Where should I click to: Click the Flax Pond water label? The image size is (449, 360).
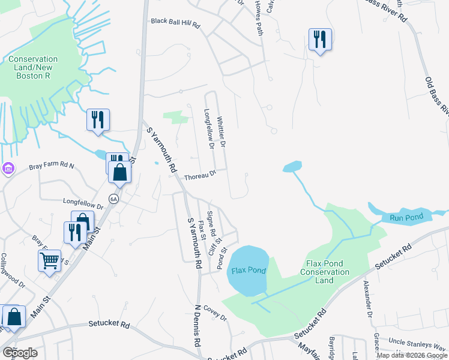pyautogui.click(x=248, y=270)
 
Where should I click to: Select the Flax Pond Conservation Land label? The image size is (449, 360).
pyautogui.click(x=328, y=272)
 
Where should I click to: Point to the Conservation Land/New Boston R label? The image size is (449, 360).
pyautogui.click(x=34, y=68)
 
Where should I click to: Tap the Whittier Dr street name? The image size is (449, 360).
pyautogui.click(x=221, y=133)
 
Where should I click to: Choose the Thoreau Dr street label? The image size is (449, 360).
pyautogui.click(x=200, y=176)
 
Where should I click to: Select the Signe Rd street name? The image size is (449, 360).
pyautogui.click(x=210, y=223)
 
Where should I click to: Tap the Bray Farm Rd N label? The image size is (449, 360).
pyautogui.click(x=51, y=166)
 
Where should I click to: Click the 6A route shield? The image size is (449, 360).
pyautogui.click(x=113, y=198)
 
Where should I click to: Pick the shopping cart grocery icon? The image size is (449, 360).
pyautogui.click(x=49, y=260)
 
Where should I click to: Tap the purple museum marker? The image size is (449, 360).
pyautogui.click(x=7, y=168)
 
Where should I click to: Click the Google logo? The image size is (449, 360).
pyautogui.click(x=20, y=353)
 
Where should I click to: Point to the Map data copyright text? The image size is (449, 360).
pyautogui.click(x=412, y=355)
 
